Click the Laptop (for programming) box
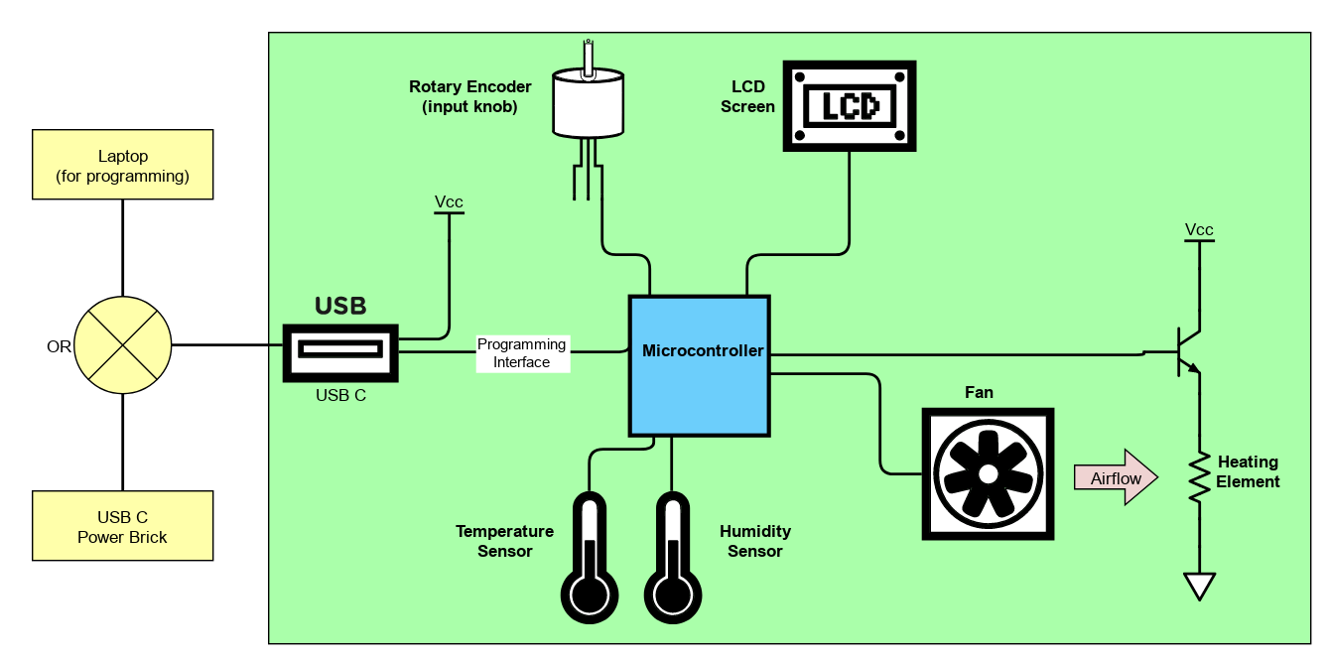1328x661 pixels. click(123, 165)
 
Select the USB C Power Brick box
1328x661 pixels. click(123, 526)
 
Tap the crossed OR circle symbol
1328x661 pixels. click(123, 345)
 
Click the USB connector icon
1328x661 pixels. click(340, 351)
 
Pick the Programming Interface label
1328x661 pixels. click(522, 353)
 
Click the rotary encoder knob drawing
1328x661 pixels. click(588, 104)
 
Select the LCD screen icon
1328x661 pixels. click(850, 106)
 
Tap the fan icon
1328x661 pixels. click(989, 474)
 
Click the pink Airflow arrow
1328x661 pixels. click(1117, 478)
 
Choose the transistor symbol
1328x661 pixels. click(1186, 352)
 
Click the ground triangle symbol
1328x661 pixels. click(1200, 586)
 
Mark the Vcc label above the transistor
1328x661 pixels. click(1199, 230)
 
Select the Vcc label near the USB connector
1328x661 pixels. click(449, 202)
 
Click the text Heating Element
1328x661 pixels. click(1248, 472)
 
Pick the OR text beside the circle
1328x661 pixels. click(59, 346)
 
